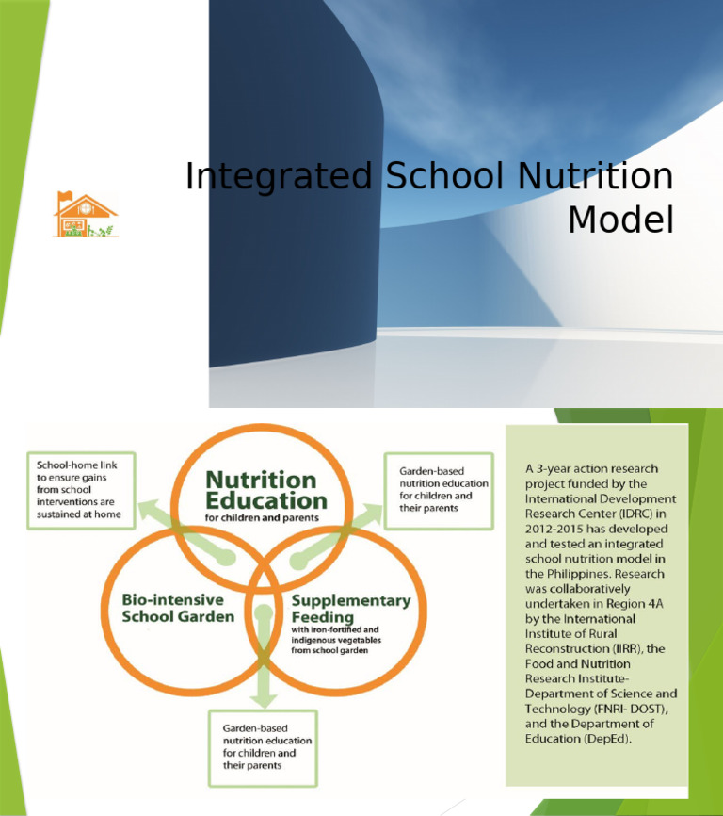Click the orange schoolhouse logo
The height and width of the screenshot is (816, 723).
[x=86, y=215]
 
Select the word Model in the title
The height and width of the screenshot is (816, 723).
[x=621, y=220]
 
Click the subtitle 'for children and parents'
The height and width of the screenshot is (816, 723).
[x=262, y=518]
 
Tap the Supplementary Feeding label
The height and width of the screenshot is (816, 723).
[x=349, y=608]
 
